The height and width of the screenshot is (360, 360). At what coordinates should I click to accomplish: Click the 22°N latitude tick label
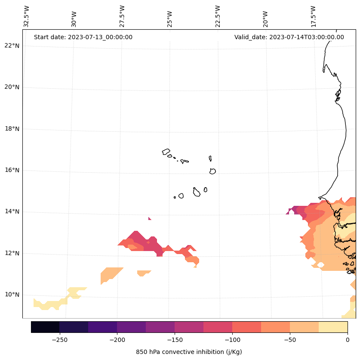click(11, 46)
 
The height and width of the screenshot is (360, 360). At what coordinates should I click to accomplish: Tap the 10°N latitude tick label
click(11, 295)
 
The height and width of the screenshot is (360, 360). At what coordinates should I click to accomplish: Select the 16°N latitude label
click(11, 170)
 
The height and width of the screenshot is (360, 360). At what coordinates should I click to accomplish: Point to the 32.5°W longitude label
click(27, 16)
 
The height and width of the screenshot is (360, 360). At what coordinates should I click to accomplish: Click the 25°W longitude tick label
click(170, 18)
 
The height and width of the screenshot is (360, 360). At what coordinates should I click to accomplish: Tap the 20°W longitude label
click(265, 18)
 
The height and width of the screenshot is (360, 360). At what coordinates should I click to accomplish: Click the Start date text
click(83, 37)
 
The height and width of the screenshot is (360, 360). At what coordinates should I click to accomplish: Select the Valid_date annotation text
click(289, 37)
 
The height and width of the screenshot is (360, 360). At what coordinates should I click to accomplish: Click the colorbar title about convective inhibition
click(189, 352)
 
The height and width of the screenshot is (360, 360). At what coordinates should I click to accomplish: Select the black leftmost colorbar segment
click(45, 327)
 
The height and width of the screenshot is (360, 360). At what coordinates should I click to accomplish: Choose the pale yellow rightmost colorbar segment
click(333, 327)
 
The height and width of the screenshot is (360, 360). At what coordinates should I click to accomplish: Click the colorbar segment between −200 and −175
click(131, 327)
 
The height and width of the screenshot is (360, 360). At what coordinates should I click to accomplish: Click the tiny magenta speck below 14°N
click(150, 219)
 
